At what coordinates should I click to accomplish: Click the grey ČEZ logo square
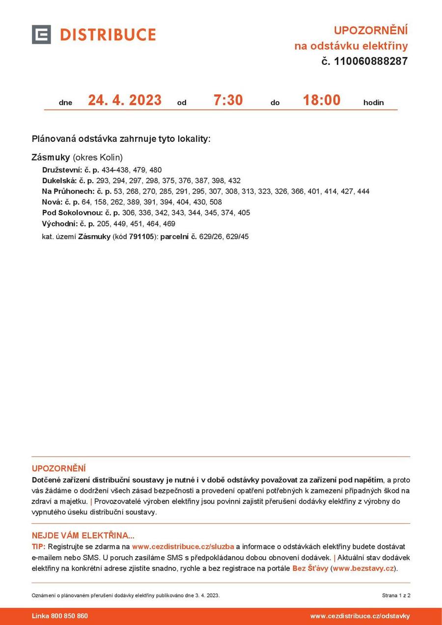point(41,34)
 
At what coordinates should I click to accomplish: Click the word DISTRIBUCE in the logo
point(108,35)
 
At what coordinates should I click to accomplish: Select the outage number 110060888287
point(371,61)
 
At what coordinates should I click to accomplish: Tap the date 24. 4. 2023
point(125,100)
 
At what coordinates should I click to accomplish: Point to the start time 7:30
point(228,100)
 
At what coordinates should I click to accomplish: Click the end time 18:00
point(322,100)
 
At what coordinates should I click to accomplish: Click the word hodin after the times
point(373,103)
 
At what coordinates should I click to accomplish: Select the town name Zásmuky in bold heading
point(51,158)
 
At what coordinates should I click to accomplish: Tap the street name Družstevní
point(62,170)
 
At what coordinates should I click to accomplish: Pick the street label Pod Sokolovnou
point(72,213)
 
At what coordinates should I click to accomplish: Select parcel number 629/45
point(237,237)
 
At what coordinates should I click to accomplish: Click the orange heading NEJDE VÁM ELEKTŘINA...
point(83,536)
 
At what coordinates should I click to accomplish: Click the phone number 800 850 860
point(69,616)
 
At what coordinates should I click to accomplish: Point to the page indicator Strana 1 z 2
point(396,596)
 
